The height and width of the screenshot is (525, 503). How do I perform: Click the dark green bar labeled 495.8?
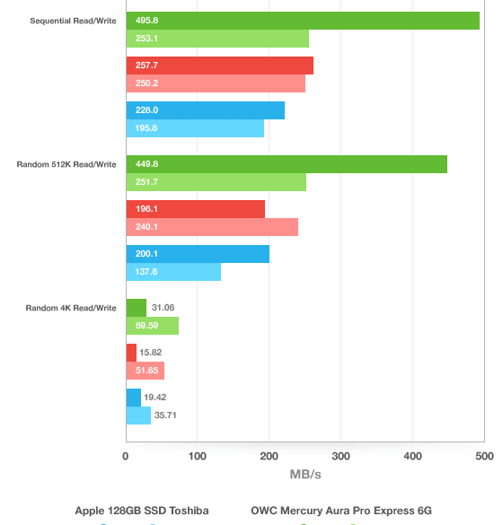tap(303, 21)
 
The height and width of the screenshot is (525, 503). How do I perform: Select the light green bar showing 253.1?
tap(217, 39)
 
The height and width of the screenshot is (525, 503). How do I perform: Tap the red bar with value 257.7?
tap(220, 66)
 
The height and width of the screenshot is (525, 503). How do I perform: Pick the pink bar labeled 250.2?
tap(216, 83)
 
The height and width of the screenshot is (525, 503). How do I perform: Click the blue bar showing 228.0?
tap(206, 110)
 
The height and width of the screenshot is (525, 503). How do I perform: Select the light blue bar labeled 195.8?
tap(195, 128)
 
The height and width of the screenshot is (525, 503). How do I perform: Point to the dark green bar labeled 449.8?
tap(287, 164)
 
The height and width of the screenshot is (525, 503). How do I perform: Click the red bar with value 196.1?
tap(196, 209)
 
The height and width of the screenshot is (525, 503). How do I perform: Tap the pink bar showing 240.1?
tap(212, 227)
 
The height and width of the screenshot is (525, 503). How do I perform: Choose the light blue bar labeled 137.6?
tap(173, 272)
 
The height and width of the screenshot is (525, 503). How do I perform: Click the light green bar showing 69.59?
tap(153, 326)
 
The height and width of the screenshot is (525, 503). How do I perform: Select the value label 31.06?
tap(163, 307)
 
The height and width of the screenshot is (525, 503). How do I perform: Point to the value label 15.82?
tap(151, 352)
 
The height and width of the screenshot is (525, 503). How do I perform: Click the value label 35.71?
tap(165, 416)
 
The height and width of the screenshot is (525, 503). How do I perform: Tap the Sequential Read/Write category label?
tap(73, 21)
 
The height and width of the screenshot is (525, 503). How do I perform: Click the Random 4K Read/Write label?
tap(71, 308)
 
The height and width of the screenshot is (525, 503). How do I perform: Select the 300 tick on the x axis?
tap(340, 456)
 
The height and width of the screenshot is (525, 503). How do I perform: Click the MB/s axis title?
tap(305, 475)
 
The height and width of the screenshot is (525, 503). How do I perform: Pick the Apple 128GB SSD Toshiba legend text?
tap(142, 511)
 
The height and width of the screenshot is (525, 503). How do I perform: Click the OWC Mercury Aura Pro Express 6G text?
tap(341, 511)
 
